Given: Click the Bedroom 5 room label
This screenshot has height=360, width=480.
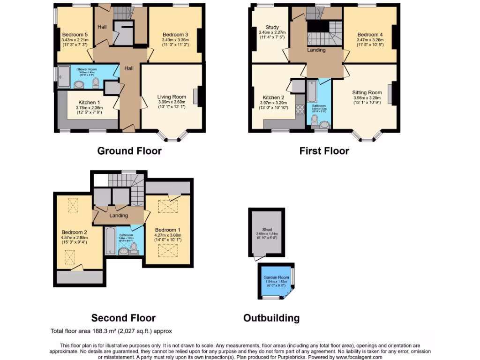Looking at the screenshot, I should pyautogui.click(x=75, y=34).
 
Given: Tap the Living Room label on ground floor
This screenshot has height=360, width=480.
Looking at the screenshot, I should pyautogui.click(x=172, y=97).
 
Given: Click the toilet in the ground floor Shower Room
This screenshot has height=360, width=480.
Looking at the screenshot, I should pyautogui.click(x=96, y=83).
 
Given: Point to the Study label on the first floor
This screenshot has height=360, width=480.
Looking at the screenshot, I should pyautogui.click(x=272, y=27).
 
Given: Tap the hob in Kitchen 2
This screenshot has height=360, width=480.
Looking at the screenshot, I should pyautogui.click(x=299, y=111).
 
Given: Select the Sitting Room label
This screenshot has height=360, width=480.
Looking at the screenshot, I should pyautogui.click(x=367, y=93).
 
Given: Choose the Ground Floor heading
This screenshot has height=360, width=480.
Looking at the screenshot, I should pyautogui.click(x=129, y=151).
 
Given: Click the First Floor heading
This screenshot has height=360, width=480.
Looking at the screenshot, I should pyautogui.click(x=324, y=151).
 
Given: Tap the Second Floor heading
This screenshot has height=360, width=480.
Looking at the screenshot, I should pyautogui.click(x=123, y=318).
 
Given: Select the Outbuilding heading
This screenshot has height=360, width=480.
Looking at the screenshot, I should pyautogui.click(x=271, y=318).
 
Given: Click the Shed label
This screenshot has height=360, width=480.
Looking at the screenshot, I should pyautogui.click(x=267, y=230).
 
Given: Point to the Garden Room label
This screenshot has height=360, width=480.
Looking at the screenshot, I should pyautogui.click(x=276, y=277).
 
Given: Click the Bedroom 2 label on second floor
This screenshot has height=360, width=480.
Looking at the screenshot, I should pyautogui.click(x=74, y=232).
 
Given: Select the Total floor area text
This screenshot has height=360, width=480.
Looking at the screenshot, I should pyautogui.click(x=111, y=331).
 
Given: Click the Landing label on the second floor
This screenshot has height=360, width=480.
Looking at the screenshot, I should pyautogui.click(x=119, y=216).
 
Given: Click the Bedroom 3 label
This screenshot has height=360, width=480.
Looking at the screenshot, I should pyautogui.click(x=175, y=34).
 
